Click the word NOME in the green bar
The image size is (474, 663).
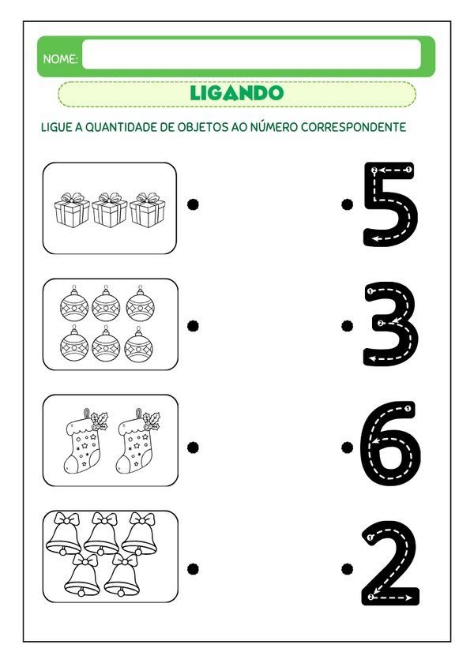click(60, 59)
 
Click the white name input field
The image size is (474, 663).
click(251, 55)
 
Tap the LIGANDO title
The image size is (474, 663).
click(236, 93)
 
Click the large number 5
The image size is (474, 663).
click(389, 204)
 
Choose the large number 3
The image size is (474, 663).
click(389, 324)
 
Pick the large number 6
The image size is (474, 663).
click(389, 444)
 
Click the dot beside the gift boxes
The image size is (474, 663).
click(192, 204)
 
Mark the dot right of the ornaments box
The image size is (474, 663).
click(192, 324)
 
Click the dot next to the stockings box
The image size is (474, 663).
click(192, 447)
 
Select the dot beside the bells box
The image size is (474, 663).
click(192, 568)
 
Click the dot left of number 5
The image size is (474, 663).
click(346, 204)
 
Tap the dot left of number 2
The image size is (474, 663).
click(346, 568)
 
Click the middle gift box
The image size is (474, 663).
click(110, 210)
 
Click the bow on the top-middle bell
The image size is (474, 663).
click(102, 519)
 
